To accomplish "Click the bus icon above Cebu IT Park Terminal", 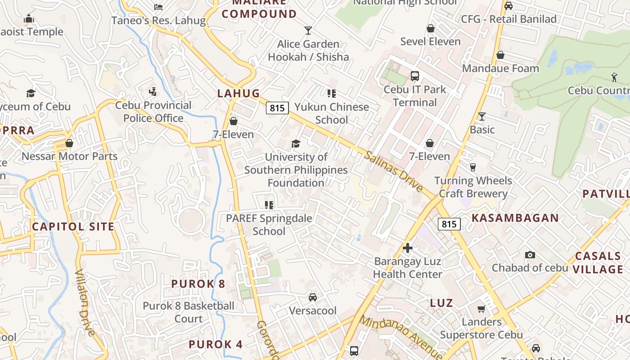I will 414,76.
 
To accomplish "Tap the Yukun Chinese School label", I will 332,113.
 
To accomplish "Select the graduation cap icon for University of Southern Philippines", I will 296,144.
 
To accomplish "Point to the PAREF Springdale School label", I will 269,225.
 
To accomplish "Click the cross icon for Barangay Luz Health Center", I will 408,248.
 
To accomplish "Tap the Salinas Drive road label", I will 393,171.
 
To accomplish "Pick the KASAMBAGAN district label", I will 515,218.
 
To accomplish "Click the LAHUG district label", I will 238,93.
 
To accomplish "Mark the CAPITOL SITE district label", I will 73,226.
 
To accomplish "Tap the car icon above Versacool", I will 312,297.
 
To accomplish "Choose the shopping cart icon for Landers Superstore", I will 481,309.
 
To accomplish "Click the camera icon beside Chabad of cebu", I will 530,255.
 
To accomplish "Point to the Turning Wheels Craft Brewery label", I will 473,187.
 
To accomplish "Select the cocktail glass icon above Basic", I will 481,117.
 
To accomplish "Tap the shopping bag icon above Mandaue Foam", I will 500,55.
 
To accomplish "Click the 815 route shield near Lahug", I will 277,108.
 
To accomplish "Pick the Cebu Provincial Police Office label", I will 153,112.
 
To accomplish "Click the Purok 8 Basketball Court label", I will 189,312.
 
